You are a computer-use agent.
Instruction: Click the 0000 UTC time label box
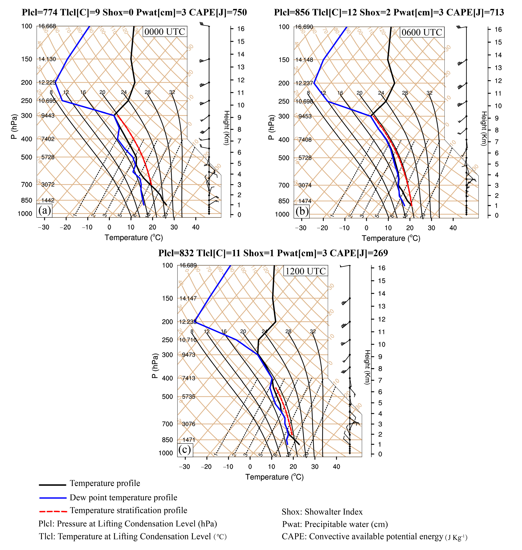pyautogui.click(x=164, y=32)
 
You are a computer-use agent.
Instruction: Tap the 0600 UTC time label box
pyautogui.click(x=421, y=33)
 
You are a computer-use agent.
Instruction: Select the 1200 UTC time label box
pyautogui.click(x=305, y=271)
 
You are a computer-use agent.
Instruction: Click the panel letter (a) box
pyautogui.click(x=44, y=211)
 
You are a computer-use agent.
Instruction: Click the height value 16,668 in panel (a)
pyautogui.click(x=47, y=26)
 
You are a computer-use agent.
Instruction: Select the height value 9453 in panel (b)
pyautogui.click(x=305, y=116)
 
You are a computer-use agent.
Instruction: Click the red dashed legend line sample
pyautogui.click(x=53, y=512)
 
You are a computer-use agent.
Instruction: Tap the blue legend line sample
pyautogui.click(x=53, y=498)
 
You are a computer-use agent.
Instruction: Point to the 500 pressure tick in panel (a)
pyautogui.click(x=27, y=157)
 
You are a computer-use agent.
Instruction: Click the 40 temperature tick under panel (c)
pyautogui.click(x=336, y=467)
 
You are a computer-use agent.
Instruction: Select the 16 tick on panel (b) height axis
pyautogui.click(x=498, y=29)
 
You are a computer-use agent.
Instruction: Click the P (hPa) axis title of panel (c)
pyautogui.click(x=155, y=366)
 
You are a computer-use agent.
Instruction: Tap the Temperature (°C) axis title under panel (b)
pyautogui.click(x=391, y=238)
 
